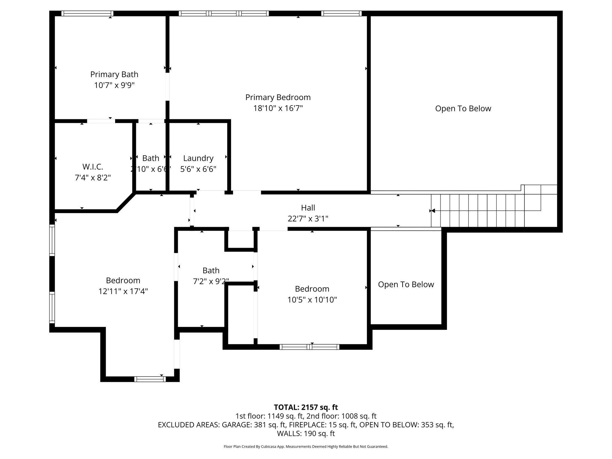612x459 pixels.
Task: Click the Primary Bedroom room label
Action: click(278, 97)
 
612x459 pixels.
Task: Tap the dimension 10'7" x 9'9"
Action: click(114, 85)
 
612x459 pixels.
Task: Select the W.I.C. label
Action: click(93, 167)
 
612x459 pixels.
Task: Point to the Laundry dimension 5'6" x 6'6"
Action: click(198, 169)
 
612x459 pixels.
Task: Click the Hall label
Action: click(308, 208)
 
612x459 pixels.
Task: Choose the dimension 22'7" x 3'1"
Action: click(308, 219)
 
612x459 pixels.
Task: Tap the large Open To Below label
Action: click(463, 108)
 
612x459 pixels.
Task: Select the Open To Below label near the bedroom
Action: click(406, 284)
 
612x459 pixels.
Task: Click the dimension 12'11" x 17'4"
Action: click(123, 291)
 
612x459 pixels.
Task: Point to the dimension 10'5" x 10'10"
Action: click(312, 300)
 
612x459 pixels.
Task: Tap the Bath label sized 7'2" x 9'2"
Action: click(211, 271)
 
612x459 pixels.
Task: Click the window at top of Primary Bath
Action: click(87, 13)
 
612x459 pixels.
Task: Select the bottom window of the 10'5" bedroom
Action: click(309, 347)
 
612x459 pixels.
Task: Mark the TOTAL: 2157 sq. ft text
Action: click(306, 407)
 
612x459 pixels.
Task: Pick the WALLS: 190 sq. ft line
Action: click(306, 434)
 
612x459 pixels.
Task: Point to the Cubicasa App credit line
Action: click(306, 447)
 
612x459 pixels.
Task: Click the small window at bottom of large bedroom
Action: click(150, 379)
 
